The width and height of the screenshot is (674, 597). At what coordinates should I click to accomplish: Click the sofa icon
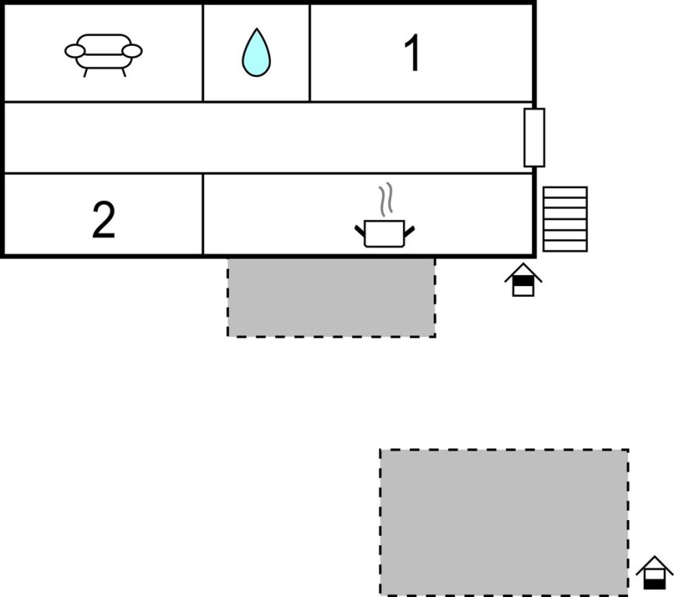(x=103, y=54)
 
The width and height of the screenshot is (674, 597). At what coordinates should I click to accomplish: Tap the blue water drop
(x=256, y=54)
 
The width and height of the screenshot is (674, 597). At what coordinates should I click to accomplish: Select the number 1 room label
(x=412, y=54)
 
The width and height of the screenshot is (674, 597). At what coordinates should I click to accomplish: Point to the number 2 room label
(x=103, y=221)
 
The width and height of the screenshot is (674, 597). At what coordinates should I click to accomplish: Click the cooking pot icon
(x=385, y=233)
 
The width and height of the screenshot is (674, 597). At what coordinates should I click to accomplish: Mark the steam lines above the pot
(x=386, y=201)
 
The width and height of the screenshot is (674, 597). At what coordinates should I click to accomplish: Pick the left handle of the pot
(x=361, y=229)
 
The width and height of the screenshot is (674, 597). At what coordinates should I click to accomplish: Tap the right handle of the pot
(x=409, y=229)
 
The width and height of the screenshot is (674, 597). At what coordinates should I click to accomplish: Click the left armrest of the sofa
(x=75, y=51)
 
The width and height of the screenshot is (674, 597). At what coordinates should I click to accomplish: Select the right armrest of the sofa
(x=132, y=51)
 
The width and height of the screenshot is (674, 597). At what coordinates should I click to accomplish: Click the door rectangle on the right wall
(x=534, y=138)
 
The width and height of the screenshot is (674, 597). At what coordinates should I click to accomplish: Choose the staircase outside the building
(x=565, y=218)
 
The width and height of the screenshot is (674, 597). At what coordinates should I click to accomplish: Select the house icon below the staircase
(x=523, y=281)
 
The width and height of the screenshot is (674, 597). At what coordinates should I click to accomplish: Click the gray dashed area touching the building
(x=331, y=297)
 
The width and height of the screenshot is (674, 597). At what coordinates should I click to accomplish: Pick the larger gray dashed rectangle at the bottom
(x=503, y=522)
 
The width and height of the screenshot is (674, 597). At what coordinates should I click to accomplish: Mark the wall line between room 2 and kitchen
(x=203, y=214)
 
